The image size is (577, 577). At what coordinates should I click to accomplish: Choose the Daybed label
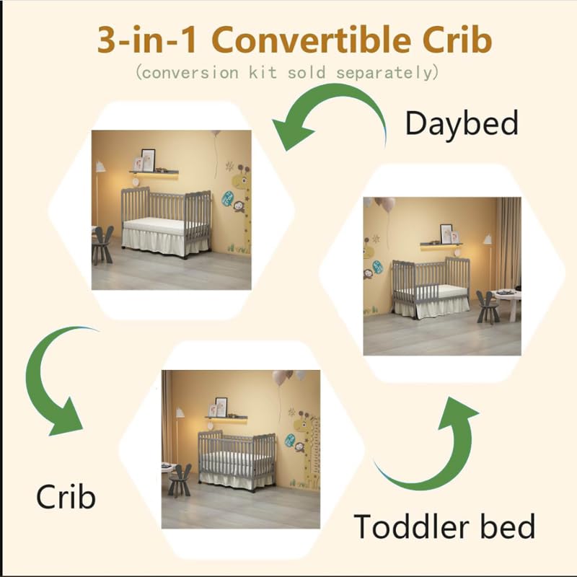(462, 123)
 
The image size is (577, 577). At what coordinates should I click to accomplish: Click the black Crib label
(66, 498)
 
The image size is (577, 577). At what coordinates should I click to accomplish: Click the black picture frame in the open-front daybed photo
(148, 159)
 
